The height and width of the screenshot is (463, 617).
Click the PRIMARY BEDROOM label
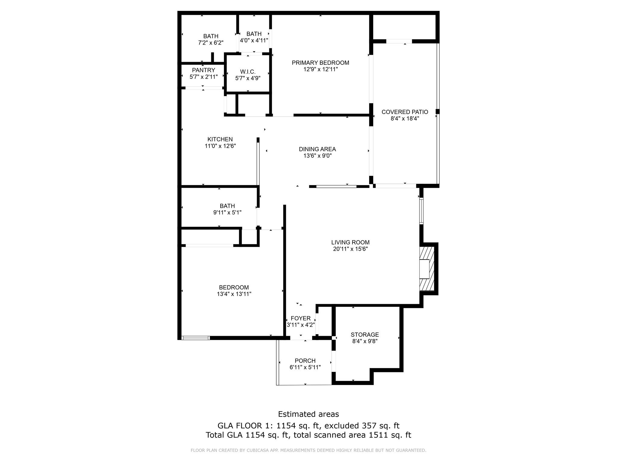(321, 63)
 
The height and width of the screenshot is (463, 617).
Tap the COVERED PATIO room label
(405, 112)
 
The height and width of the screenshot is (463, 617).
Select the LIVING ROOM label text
(350, 242)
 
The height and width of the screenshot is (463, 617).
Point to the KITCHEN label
(220, 139)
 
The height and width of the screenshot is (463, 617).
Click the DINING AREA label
(317, 149)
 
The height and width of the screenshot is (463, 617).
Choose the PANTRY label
(204, 70)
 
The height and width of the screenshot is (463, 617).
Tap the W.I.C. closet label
(248, 72)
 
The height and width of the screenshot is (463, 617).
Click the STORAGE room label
(365, 335)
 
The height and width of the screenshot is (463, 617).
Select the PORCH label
(305, 361)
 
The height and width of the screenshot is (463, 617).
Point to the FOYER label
(301, 318)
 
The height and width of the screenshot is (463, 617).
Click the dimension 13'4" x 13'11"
(234, 294)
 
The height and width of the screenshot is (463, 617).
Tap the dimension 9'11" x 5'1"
(227, 213)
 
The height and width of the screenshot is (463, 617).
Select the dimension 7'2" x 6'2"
(211, 43)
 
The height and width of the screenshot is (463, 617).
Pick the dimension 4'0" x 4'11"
(254, 40)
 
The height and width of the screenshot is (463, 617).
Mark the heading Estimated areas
(308, 414)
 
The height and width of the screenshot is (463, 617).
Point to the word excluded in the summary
(340, 426)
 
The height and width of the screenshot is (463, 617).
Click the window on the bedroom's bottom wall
(196, 338)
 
